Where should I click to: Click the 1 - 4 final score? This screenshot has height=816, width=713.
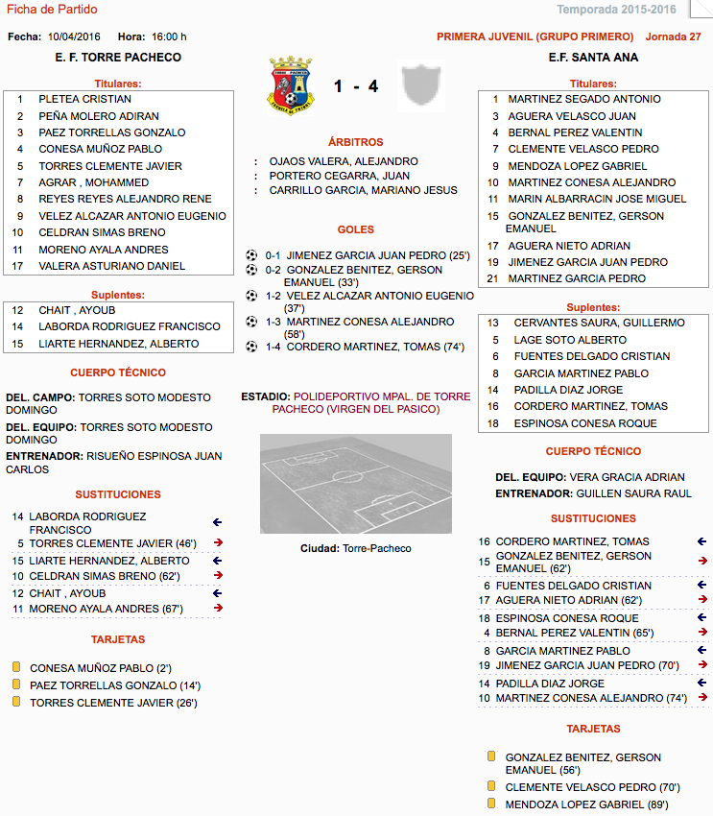point(356,86)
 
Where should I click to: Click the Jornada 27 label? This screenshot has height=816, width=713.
point(674,36)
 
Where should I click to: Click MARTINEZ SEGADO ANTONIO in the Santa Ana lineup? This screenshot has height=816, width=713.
point(584,99)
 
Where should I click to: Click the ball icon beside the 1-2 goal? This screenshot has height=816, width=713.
point(251,297)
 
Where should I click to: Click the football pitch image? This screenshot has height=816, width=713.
point(355,483)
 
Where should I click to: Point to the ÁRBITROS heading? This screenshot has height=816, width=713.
point(355,142)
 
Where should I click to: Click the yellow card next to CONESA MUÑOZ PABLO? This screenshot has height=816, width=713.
point(16,667)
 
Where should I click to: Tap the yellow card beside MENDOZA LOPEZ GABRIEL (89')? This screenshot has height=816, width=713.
point(491,803)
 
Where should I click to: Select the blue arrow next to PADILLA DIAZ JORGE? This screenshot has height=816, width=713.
point(701,684)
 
